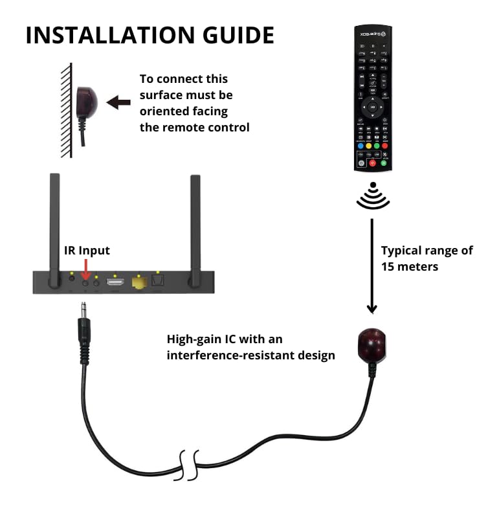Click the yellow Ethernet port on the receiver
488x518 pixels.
139,282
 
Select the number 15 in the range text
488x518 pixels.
388,267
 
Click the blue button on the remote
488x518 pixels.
360,146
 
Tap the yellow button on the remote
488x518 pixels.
368,146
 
